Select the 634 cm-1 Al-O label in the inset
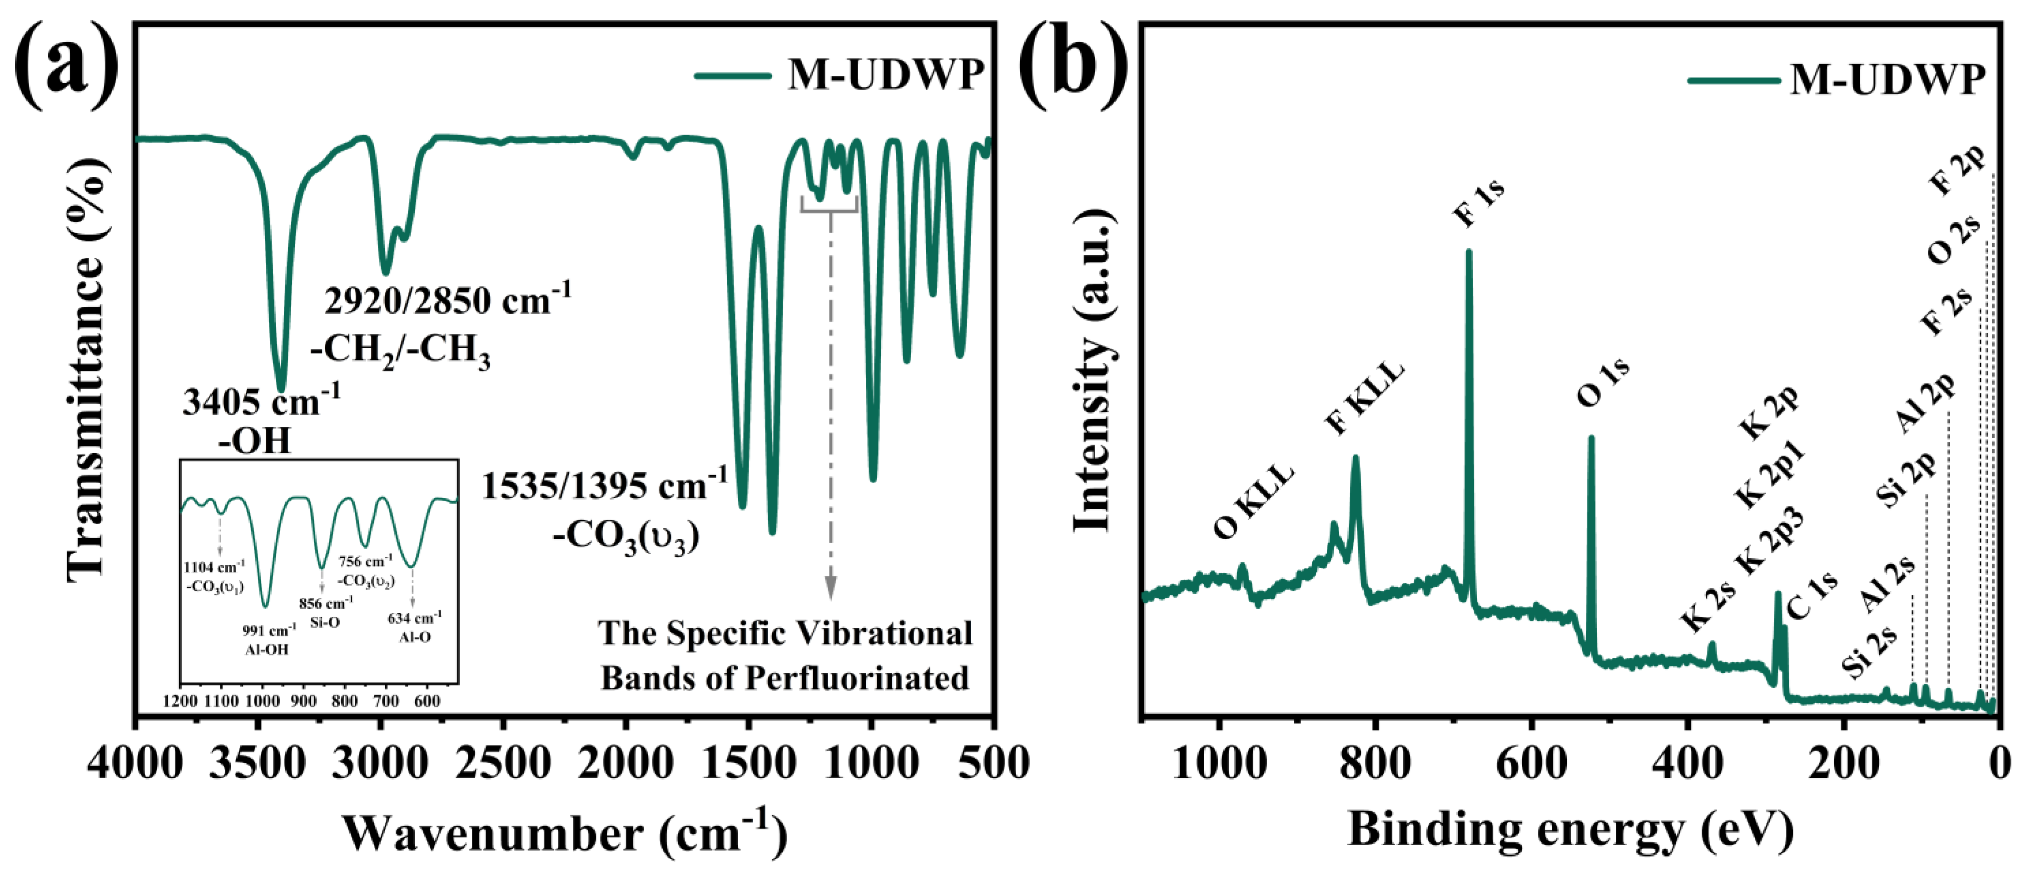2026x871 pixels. (x=414, y=627)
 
